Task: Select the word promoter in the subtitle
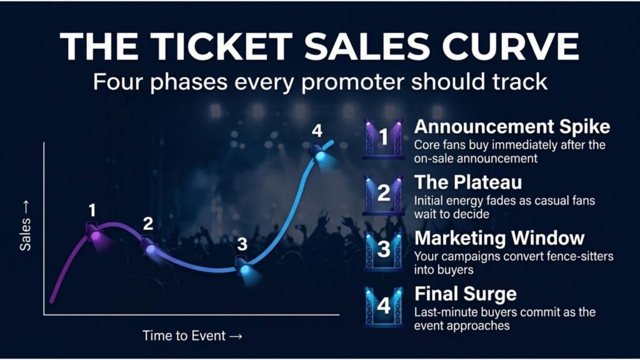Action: tap(354, 82)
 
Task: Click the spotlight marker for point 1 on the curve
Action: tap(94, 232)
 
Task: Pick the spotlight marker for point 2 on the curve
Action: tap(149, 246)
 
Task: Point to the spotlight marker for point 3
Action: tap(244, 267)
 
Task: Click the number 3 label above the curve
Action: tap(242, 244)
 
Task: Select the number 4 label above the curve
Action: tap(317, 131)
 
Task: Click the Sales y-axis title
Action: tap(25, 225)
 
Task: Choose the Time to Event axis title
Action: tap(192, 336)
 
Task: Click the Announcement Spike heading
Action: tap(512, 126)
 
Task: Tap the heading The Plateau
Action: tap(468, 182)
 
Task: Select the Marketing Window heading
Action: tap(499, 238)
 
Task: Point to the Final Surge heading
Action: tap(466, 294)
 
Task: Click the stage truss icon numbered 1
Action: tap(383, 138)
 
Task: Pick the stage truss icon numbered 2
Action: tap(383, 194)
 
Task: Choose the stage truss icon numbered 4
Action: tap(383, 306)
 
